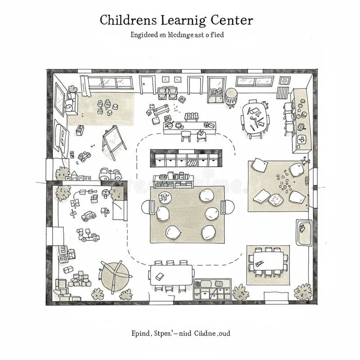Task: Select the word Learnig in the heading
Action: pos(183,21)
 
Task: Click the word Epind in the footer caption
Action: pos(139,334)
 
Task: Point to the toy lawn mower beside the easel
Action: pos(84,156)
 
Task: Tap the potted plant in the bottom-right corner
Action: pos(303,292)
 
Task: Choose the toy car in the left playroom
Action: pos(89,216)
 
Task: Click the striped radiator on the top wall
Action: pos(282,92)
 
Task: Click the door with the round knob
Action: pos(147,85)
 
